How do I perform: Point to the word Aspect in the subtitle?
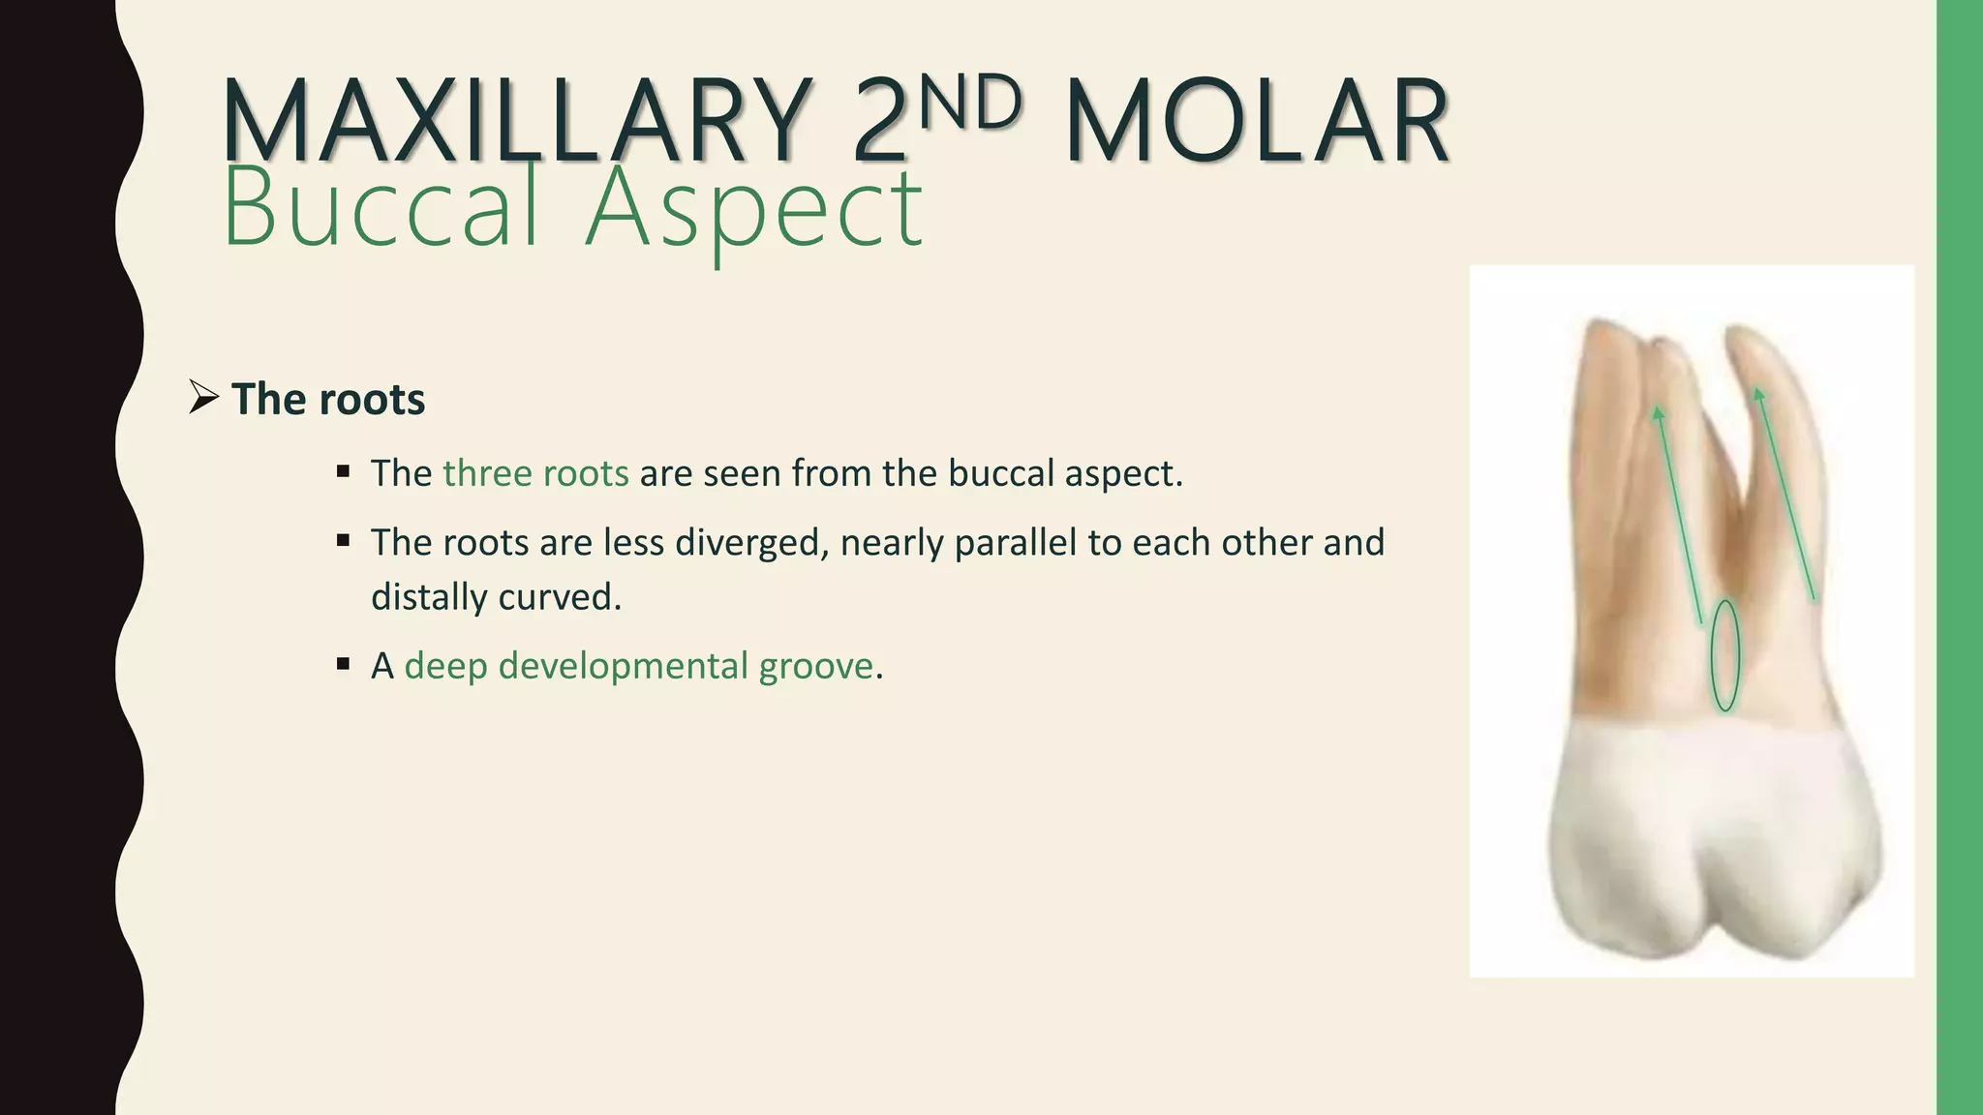(x=753, y=208)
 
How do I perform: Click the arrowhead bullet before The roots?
(x=203, y=397)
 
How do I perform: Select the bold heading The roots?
(x=328, y=399)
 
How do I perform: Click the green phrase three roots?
(x=535, y=473)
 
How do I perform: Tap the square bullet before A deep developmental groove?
(x=343, y=664)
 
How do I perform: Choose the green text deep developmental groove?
(x=638, y=666)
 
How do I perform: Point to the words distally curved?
(x=495, y=597)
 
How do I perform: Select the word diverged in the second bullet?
(x=751, y=543)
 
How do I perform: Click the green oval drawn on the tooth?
(x=1724, y=655)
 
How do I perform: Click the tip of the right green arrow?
(x=1757, y=391)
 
